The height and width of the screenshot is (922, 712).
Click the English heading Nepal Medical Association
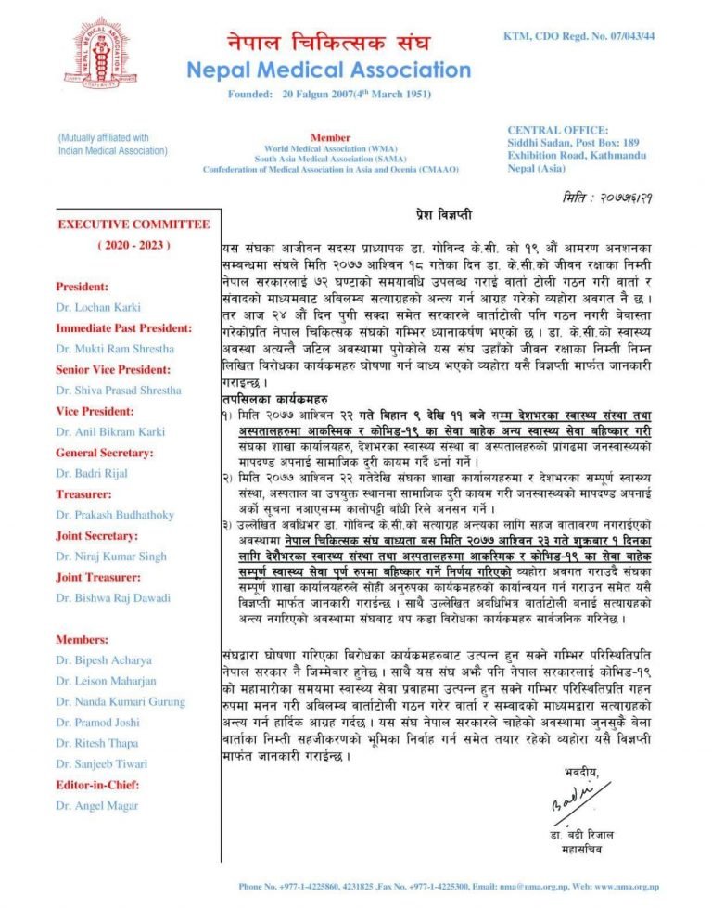pos(329,70)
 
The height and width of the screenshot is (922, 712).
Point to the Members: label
pos(83,639)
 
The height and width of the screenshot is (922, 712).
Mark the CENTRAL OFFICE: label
pos(558,130)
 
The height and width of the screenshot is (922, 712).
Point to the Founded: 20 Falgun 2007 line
pos(329,95)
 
